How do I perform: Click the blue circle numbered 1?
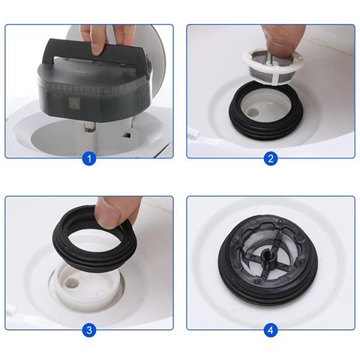(x=89, y=157)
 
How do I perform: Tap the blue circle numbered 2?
(x=270, y=157)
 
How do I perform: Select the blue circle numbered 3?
(x=89, y=330)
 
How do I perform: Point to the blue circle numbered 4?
(x=270, y=330)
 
